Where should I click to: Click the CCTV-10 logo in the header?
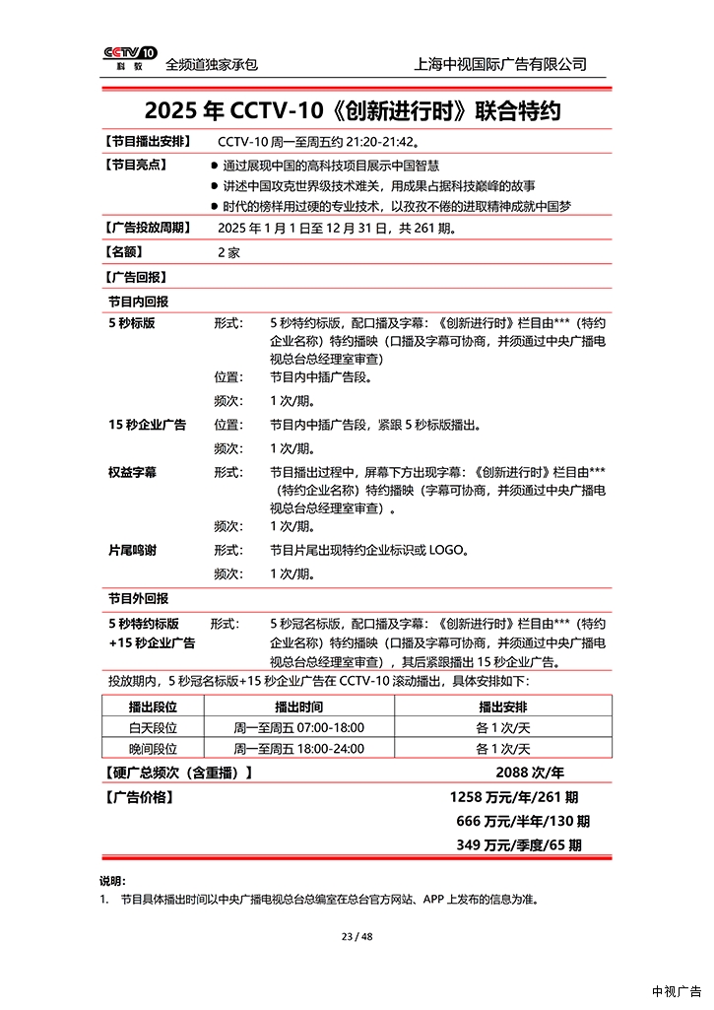(129, 58)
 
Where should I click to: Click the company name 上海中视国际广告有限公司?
(501, 64)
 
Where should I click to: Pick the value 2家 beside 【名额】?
(228, 252)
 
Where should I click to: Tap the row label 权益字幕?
(132, 472)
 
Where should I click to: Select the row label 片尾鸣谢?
(132, 550)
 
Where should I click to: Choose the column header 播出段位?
(153, 707)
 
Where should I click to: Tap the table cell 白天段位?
(153, 727)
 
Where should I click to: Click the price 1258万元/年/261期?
(514, 796)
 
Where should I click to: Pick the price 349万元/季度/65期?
(519, 844)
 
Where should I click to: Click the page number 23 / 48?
(357, 936)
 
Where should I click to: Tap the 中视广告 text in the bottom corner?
(677, 991)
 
